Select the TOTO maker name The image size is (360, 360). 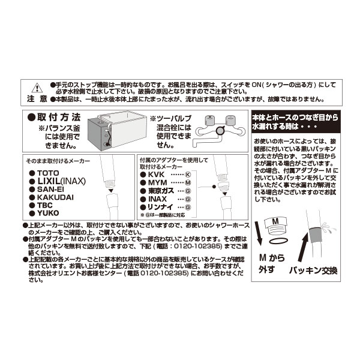[47, 172]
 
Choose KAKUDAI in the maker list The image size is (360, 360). [55, 196]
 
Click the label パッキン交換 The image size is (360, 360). [308, 271]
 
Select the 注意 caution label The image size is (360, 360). [35, 97]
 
